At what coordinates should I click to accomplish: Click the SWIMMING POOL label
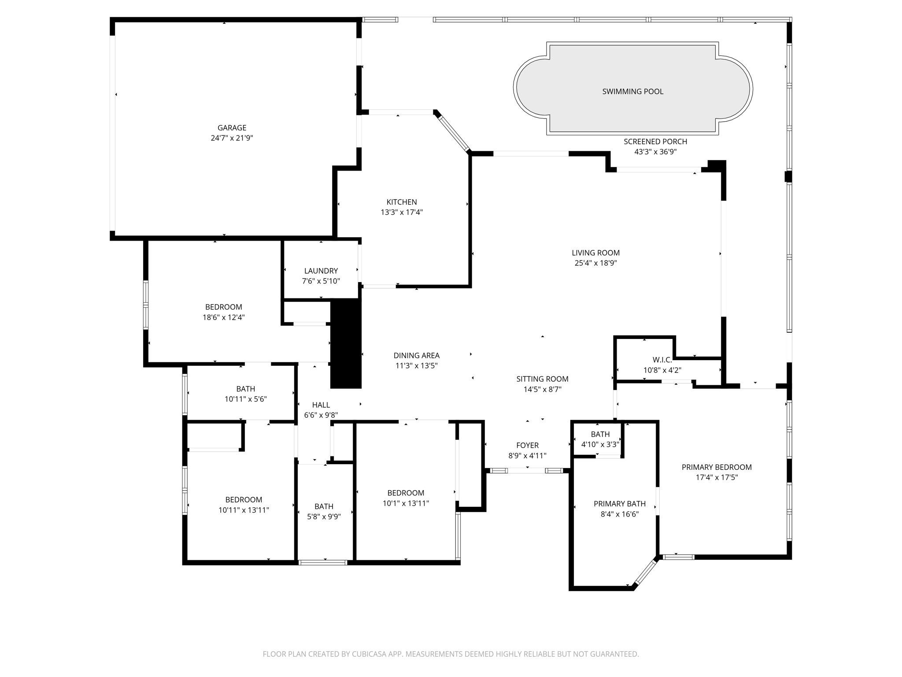[632, 92]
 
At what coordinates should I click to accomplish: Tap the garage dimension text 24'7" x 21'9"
[232, 138]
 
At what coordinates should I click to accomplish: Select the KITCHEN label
[401, 202]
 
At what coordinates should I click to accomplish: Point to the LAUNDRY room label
[321, 271]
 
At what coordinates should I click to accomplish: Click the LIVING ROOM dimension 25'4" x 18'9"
[595, 263]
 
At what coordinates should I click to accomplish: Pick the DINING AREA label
[416, 355]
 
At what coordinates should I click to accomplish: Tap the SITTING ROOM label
[542, 379]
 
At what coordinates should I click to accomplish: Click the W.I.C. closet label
[662, 360]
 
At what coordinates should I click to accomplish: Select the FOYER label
[527, 445]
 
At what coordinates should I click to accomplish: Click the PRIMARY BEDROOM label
[716, 467]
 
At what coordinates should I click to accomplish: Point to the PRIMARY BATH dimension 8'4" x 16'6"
[619, 514]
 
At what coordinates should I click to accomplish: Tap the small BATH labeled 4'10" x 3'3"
[600, 435]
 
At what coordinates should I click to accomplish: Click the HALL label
[321, 405]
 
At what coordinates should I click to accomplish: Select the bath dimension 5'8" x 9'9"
[324, 517]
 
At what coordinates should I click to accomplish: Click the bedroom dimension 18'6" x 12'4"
[223, 317]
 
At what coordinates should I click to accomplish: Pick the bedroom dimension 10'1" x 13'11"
[406, 503]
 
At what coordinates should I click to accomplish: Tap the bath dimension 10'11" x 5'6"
[245, 399]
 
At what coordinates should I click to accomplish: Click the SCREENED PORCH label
[655, 141]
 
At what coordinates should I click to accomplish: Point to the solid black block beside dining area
[346, 344]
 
